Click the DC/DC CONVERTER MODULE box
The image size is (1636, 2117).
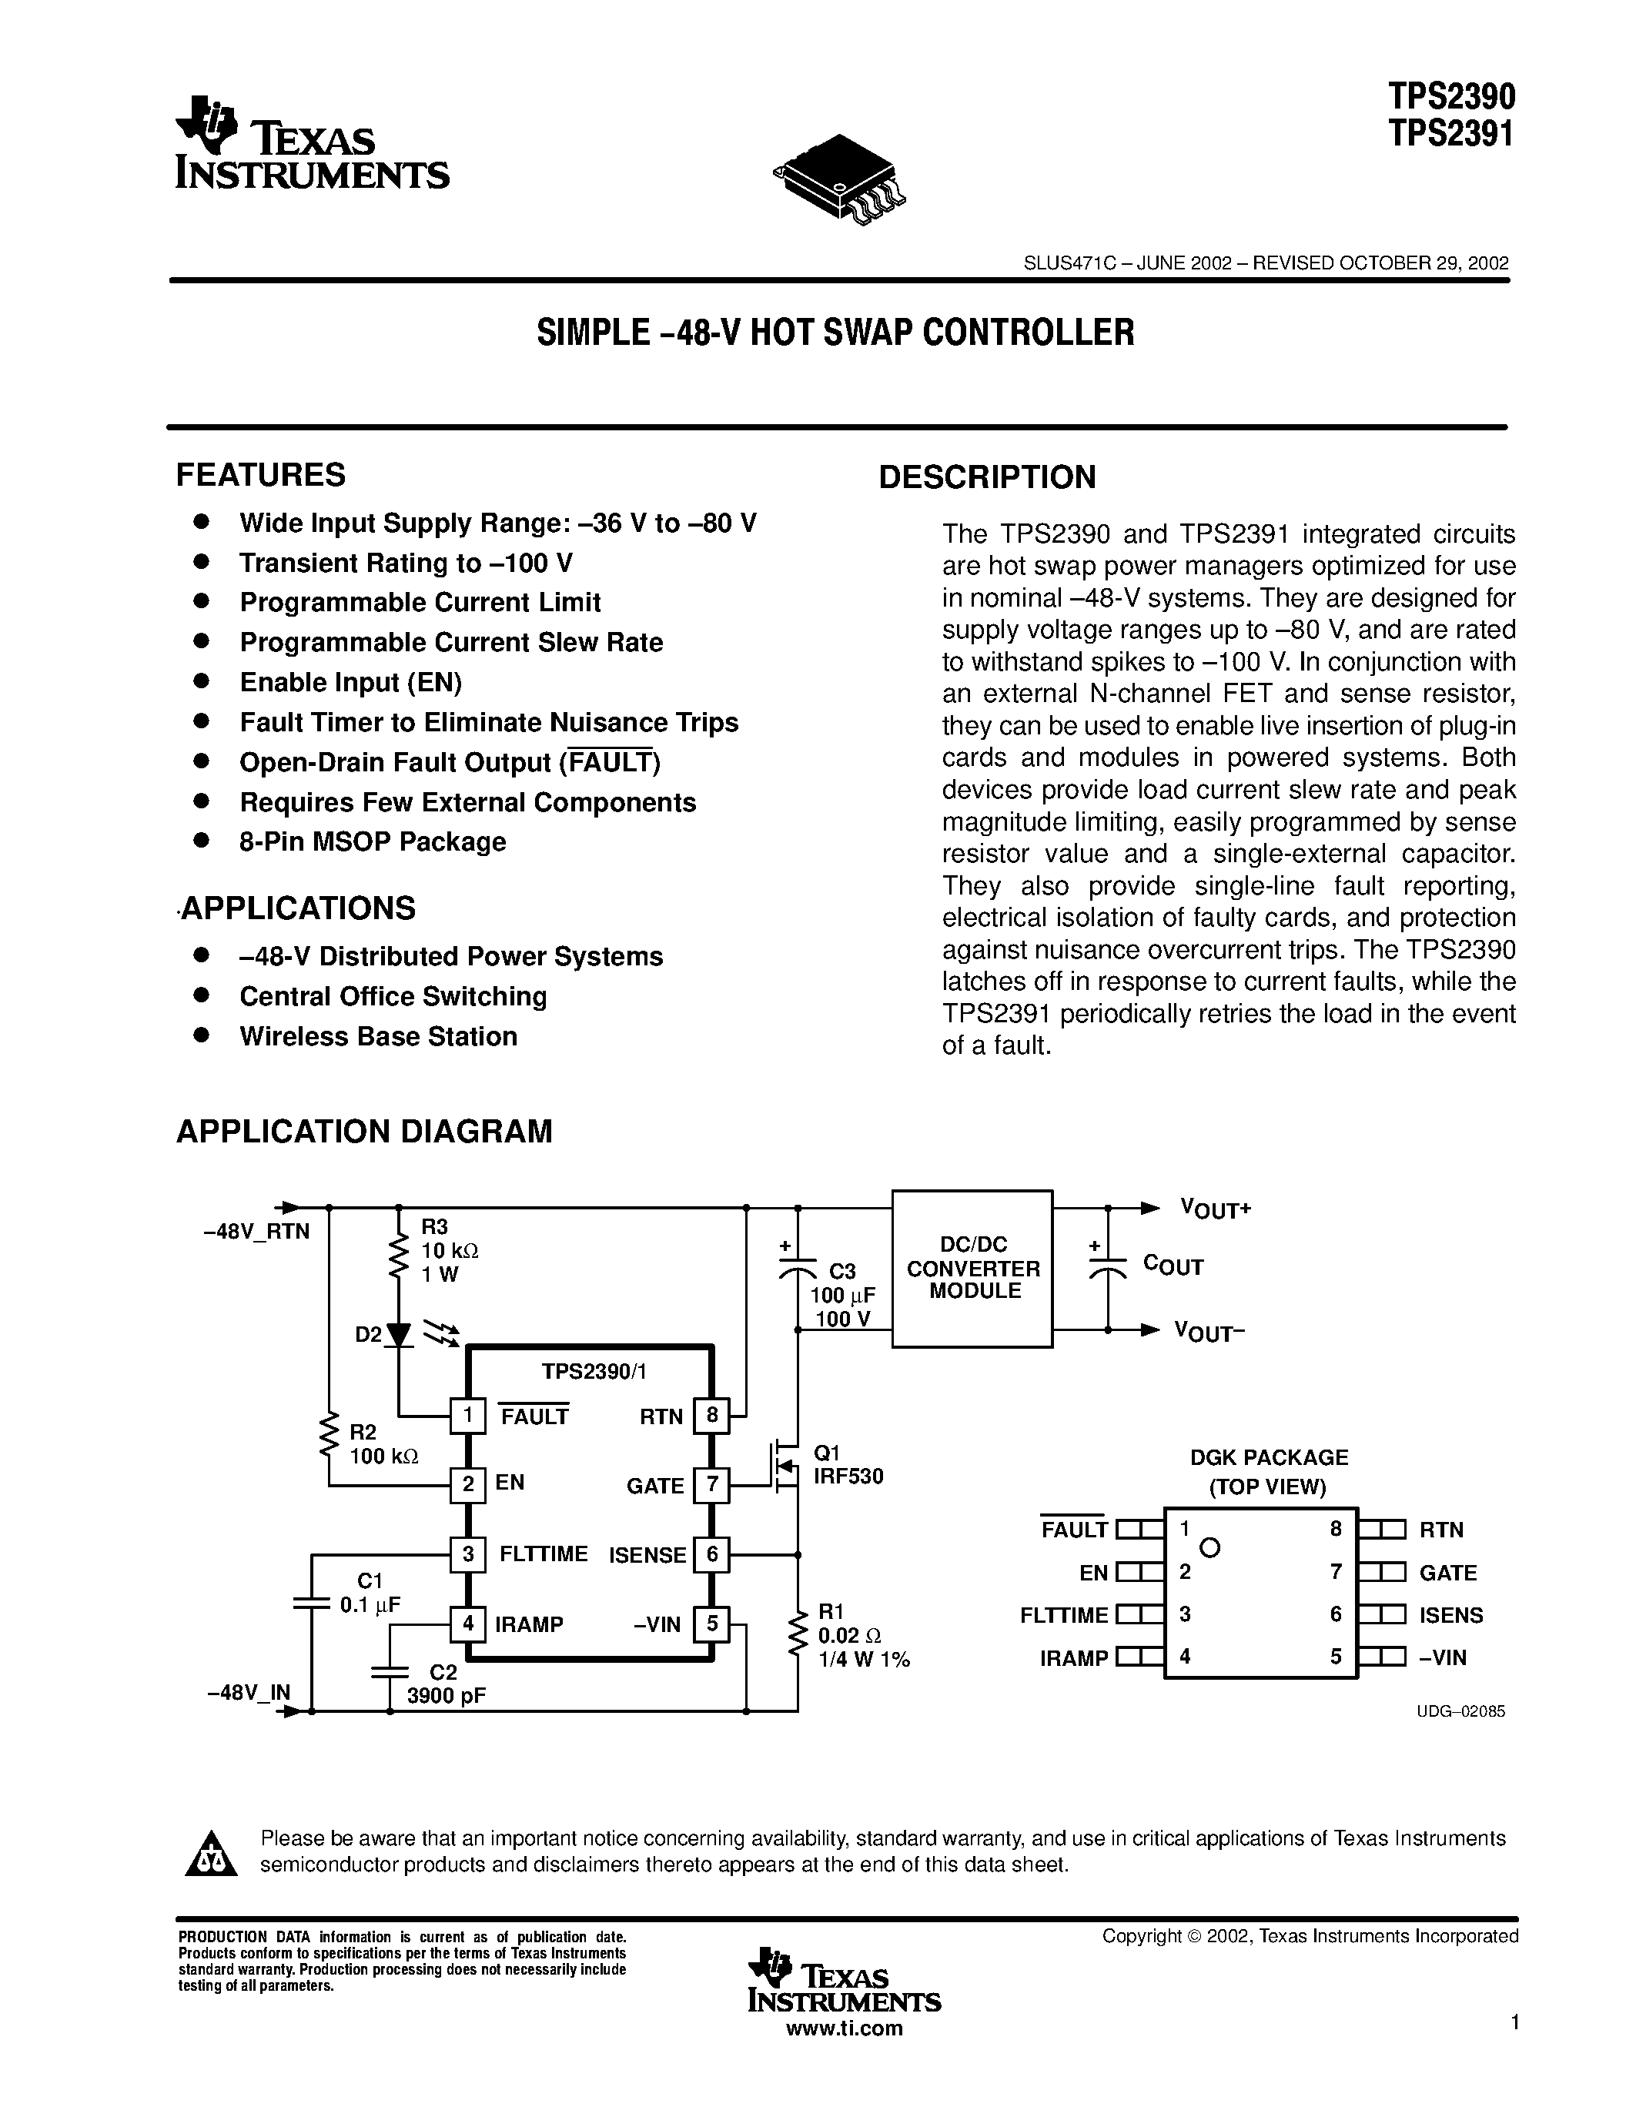point(972,1268)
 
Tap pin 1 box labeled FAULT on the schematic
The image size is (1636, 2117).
point(467,1416)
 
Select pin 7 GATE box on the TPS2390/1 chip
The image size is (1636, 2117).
point(712,1485)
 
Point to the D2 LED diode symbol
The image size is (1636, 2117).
point(398,1336)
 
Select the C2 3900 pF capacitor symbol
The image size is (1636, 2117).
point(389,1671)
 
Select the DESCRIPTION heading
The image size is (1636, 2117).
point(987,477)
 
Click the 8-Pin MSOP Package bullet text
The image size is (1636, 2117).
point(372,841)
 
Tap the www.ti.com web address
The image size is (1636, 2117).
point(843,2028)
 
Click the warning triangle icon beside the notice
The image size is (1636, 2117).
point(210,1854)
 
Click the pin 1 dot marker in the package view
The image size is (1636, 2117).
point(1209,1548)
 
